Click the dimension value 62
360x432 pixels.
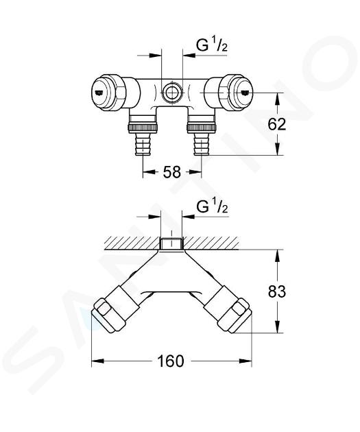click(277, 125)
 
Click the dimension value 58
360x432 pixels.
click(172, 172)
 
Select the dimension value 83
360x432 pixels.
click(277, 291)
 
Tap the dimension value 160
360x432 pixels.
click(170, 361)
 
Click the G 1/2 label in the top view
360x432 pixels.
click(211, 45)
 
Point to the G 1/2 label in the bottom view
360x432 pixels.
click(212, 207)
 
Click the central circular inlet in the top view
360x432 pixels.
click(172, 93)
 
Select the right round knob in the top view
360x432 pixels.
click(235, 93)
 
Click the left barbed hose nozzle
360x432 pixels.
click(143, 143)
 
